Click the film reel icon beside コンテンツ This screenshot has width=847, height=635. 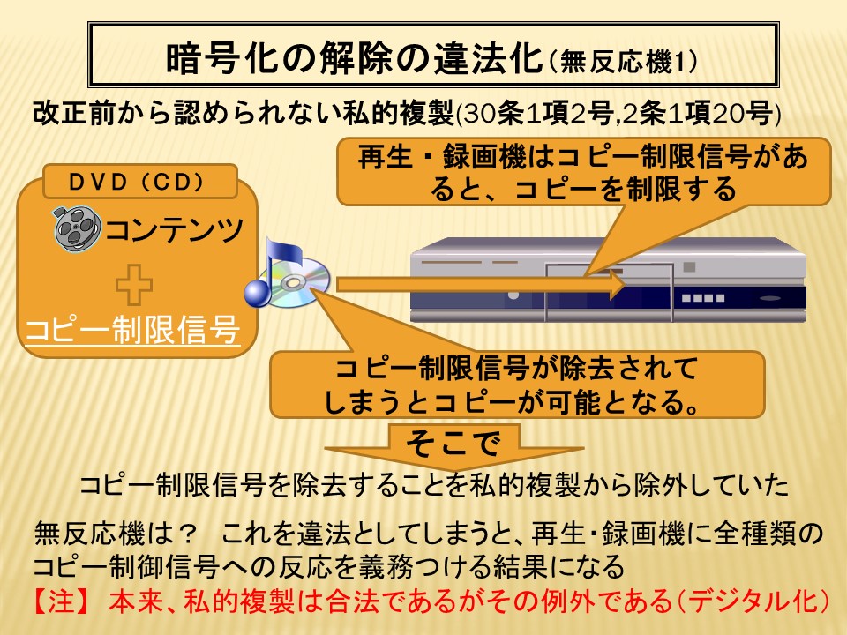tap(78, 228)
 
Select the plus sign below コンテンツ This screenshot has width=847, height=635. tap(134, 285)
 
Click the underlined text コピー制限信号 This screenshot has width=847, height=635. tap(133, 329)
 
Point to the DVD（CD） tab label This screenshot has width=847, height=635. tap(140, 182)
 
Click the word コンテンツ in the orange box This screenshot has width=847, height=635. tap(174, 229)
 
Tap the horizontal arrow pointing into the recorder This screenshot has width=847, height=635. tap(481, 285)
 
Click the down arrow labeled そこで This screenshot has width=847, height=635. tap(453, 446)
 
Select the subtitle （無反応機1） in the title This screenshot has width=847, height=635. tap(623, 61)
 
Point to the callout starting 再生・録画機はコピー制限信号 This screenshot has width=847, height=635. tap(583, 172)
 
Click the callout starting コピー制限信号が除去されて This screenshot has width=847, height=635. tap(517, 385)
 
